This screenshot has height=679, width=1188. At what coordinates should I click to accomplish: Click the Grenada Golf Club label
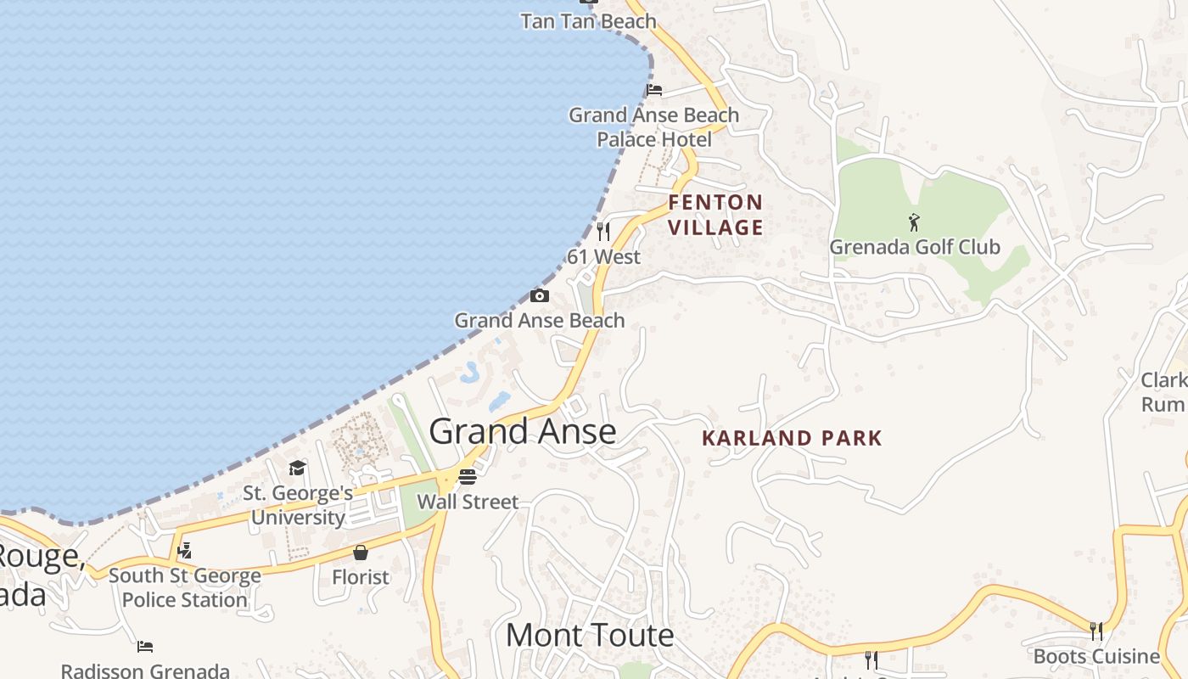(x=915, y=247)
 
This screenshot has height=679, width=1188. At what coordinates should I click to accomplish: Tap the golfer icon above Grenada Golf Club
(x=914, y=222)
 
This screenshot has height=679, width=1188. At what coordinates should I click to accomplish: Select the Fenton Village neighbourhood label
(x=715, y=215)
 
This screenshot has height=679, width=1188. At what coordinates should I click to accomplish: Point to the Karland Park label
(x=793, y=438)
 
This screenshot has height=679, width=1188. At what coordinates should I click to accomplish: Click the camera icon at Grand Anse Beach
(x=539, y=295)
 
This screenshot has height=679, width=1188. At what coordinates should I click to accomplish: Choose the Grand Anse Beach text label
(x=540, y=320)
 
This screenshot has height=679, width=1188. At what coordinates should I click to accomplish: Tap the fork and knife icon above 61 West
(x=603, y=231)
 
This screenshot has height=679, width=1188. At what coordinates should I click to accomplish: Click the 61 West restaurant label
(x=604, y=256)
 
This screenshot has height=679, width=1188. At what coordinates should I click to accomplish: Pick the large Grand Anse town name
(x=523, y=431)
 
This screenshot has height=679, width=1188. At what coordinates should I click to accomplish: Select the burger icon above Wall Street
(x=468, y=477)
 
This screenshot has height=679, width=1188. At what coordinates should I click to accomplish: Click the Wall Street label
(x=468, y=502)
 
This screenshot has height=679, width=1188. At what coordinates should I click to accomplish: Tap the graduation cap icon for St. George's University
(x=297, y=468)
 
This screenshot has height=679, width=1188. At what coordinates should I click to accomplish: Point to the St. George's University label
(x=298, y=505)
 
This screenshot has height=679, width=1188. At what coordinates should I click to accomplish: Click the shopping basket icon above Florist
(x=361, y=553)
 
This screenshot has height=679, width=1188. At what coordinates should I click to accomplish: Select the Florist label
(x=361, y=577)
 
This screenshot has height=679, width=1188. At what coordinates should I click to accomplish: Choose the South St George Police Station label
(x=184, y=587)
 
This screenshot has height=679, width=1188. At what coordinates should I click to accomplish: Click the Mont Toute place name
(x=590, y=635)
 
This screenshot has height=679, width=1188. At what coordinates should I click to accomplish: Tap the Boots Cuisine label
(x=1096, y=656)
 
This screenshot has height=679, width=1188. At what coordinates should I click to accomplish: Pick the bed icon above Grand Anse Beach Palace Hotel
(x=654, y=90)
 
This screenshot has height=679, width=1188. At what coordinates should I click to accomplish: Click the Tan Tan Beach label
(x=588, y=21)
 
